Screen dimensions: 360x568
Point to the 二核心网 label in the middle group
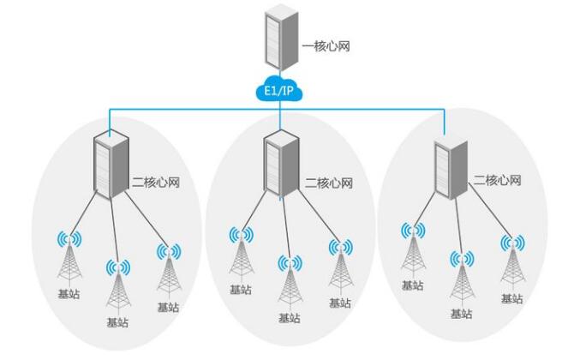pyautogui.click(x=329, y=183)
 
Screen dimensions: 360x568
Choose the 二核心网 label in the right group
pyautogui.click(x=499, y=182)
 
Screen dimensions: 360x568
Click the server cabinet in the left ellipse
pyautogui.click(x=110, y=165)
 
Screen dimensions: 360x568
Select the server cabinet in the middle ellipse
pyautogui.click(x=279, y=165)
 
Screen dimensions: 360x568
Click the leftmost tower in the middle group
pyautogui.click(x=241, y=261)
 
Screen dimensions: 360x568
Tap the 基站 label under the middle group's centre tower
pyautogui.click(x=290, y=318)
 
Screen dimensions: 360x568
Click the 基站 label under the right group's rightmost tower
pyautogui.click(x=511, y=298)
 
